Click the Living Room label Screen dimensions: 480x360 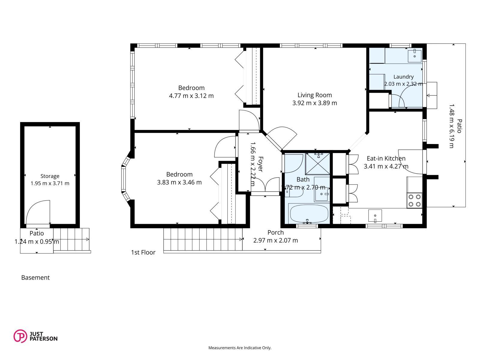pos(314,95)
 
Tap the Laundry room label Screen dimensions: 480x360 pos(403,77)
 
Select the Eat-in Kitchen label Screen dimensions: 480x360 pos(386,158)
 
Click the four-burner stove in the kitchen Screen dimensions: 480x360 pos(414,200)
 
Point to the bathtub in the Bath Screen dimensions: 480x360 pos(309,214)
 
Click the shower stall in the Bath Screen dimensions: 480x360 pos(317,164)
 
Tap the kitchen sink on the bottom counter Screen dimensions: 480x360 pos(375,216)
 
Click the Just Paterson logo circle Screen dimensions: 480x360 pos(20,336)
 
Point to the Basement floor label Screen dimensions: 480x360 pos(35,277)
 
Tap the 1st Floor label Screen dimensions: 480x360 pos(143,253)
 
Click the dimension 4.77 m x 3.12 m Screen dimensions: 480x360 pos(191,96)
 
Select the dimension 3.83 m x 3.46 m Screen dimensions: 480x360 pos(179,182)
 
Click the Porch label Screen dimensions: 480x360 pos(275,232)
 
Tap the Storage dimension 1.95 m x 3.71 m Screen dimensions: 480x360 pos(50,183)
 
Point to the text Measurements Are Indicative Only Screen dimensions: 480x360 pos(240,348)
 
